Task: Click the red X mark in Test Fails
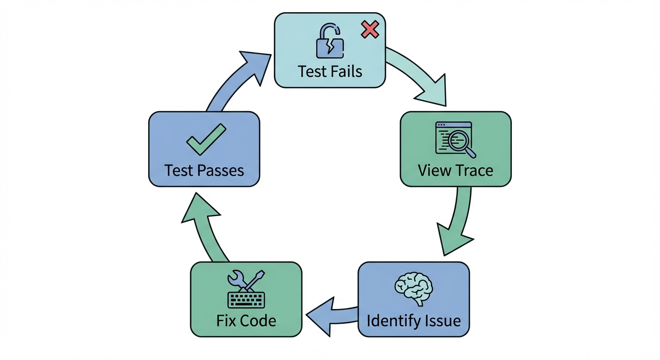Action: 370,30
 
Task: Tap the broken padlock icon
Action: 330,42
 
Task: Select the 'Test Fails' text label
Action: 330,71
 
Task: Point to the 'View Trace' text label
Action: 455,170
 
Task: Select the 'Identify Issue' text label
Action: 413,321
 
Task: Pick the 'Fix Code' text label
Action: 246,321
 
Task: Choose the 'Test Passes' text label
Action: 204,170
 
